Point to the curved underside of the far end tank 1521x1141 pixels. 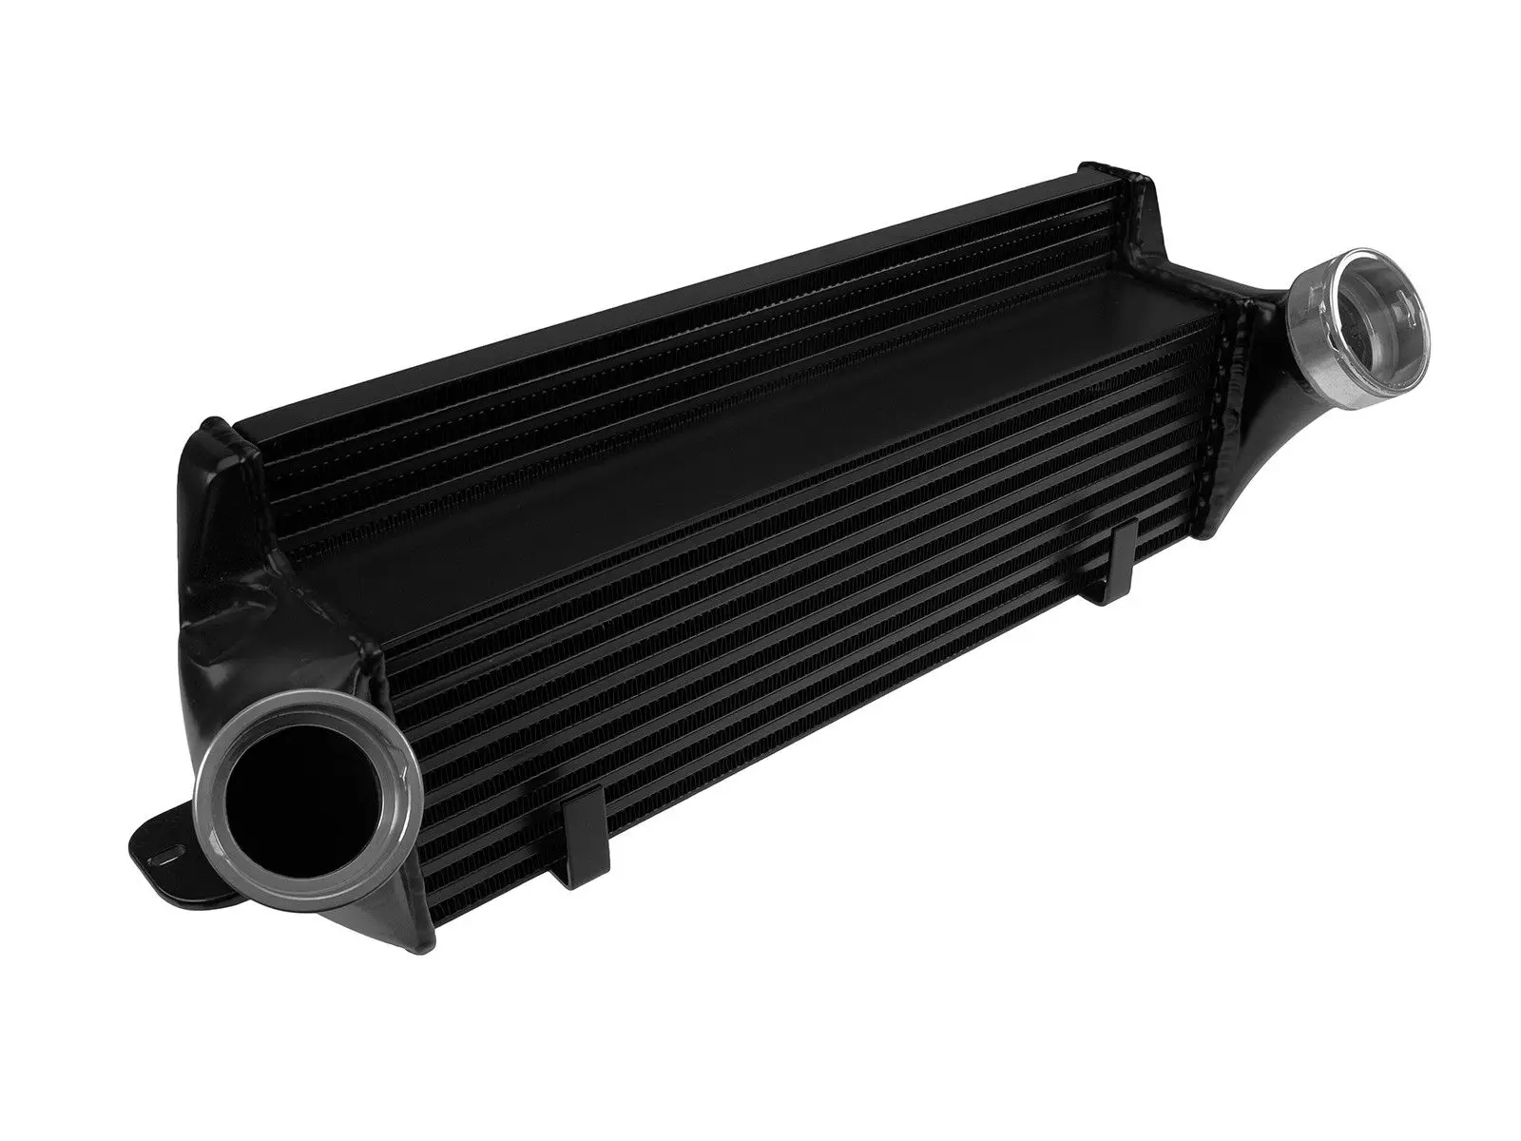pos(1264,456)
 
